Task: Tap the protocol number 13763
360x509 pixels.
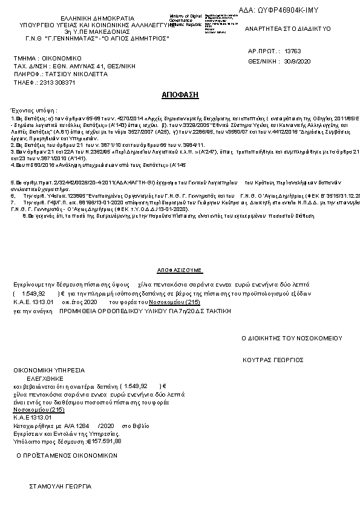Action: coord(292,52)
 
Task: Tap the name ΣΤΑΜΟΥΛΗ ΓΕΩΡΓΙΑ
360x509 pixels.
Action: coord(60,486)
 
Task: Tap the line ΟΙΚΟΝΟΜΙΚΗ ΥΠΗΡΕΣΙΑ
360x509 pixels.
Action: coord(50,369)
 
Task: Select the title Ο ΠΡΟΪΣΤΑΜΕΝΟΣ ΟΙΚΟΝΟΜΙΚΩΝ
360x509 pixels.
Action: coord(67,456)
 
